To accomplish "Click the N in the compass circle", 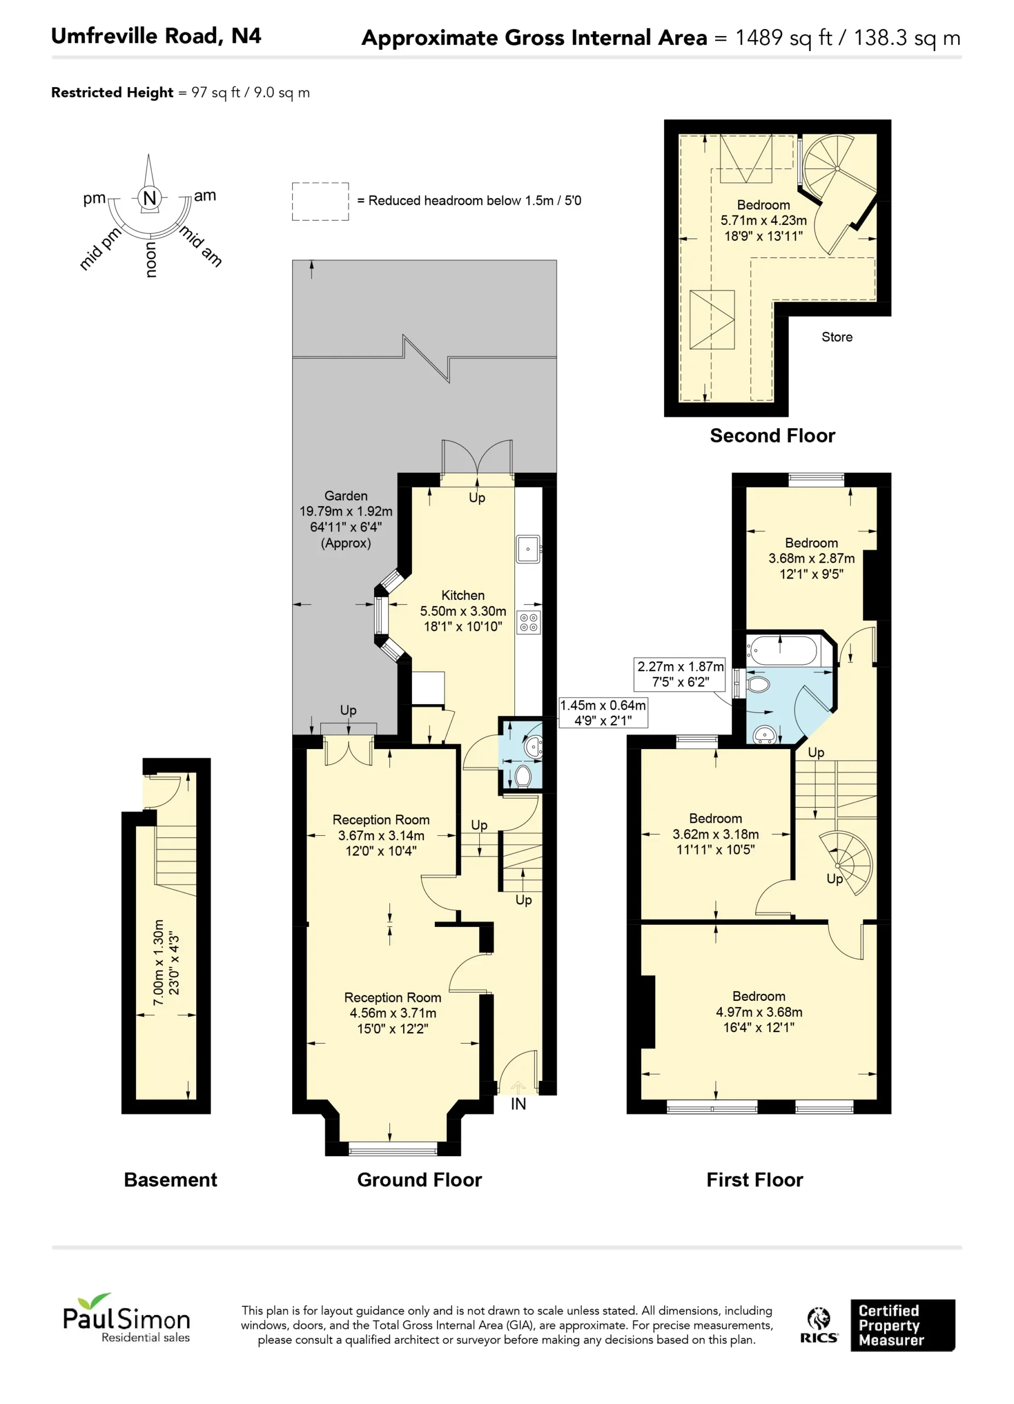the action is click(x=149, y=197).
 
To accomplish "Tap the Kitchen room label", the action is click(x=463, y=595).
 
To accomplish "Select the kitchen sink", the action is click(x=528, y=549).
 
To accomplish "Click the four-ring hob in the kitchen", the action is click(x=529, y=623).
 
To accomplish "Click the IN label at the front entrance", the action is click(x=518, y=1104).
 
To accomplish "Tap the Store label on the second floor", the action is click(x=837, y=337).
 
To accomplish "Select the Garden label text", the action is click(x=346, y=496).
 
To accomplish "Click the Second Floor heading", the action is click(x=773, y=435).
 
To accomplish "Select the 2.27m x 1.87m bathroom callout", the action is click(x=679, y=674).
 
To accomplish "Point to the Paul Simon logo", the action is click(x=126, y=1318).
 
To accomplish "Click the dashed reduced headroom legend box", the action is click(x=320, y=201).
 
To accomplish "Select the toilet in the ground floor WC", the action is click(x=524, y=775).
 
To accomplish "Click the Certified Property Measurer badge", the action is click(x=903, y=1325).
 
